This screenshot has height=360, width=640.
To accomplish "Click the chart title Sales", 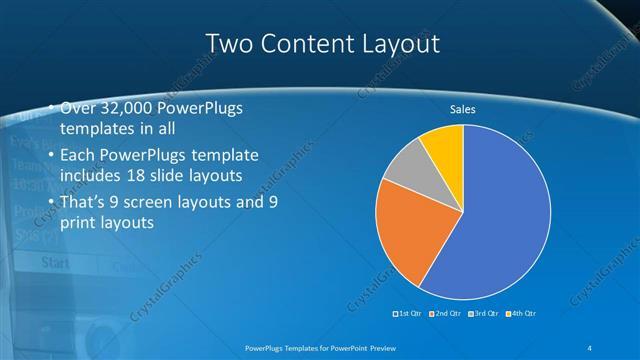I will click(462, 109).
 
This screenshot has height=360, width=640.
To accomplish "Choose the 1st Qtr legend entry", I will click(408, 314).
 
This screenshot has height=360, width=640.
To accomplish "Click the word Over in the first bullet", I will click(78, 108).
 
